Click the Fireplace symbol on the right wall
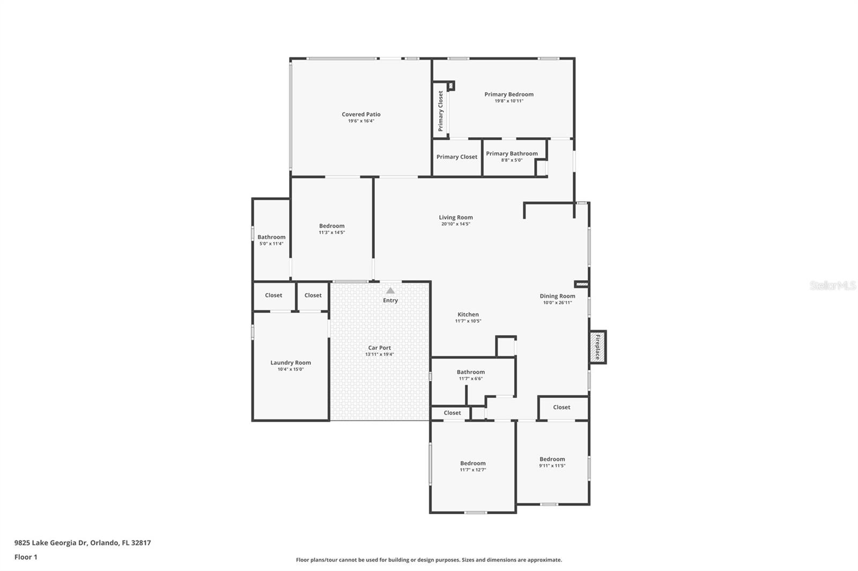coord(597,347)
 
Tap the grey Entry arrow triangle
coord(390,290)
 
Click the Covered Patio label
coord(361,114)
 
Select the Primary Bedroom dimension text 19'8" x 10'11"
coord(509,101)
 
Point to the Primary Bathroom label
coord(512,154)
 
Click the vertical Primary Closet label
coord(441,111)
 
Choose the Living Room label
coord(456,217)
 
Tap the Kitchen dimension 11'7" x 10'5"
coord(468,321)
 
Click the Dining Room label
coord(557,296)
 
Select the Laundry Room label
coord(291,363)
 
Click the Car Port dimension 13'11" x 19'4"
coord(379,354)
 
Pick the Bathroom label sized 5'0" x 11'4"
coord(271,237)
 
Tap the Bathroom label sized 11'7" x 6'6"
coord(470,372)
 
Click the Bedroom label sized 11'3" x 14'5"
coord(331,226)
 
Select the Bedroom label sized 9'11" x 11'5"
coord(552,459)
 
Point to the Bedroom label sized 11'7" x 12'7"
coord(472,463)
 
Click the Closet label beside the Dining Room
coord(561,407)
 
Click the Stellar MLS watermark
coord(833,285)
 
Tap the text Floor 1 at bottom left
coord(26,557)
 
